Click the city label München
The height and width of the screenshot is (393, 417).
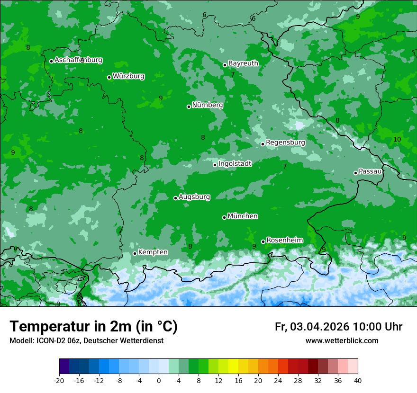tap(243, 216)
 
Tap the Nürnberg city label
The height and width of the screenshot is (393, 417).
tap(208, 105)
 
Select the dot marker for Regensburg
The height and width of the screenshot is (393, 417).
tap(263, 144)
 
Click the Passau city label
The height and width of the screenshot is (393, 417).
tap(370, 171)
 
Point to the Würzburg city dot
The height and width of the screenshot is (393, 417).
tap(109, 77)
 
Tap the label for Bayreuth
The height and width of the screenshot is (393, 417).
tap(243, 63)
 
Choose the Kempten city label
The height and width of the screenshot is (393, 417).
tap(153, 252)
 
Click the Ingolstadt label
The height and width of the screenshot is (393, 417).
tap(235, 164)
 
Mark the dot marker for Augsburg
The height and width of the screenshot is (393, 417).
tap(175, 198)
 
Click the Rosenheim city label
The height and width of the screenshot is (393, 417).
tap(284, 241)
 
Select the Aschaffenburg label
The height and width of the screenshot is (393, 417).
tap(78, 60)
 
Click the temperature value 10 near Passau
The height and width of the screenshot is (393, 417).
tap(397, 139)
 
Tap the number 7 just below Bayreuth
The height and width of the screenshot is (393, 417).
tap(233, 74)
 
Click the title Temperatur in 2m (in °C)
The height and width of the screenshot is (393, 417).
tap(93, 326)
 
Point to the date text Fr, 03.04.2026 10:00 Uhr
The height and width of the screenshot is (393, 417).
tap(338, 327)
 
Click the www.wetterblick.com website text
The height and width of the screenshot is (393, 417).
tap(342, 340)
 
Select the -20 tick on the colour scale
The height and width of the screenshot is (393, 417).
tap(59, 380)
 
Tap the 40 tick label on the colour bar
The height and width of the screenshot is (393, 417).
tap(358, 380)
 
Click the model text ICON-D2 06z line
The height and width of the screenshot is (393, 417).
tap(86, 340)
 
